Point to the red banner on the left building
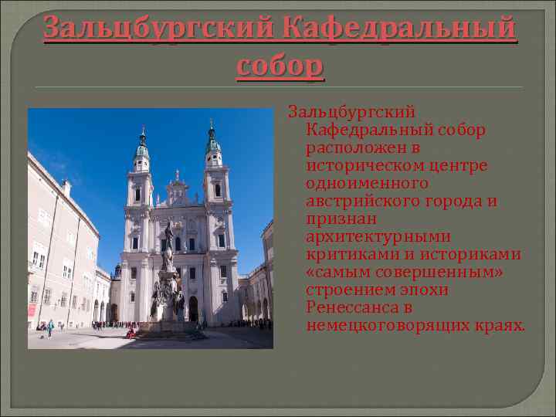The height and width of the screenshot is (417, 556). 32,310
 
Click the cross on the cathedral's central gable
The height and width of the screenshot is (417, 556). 177,174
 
